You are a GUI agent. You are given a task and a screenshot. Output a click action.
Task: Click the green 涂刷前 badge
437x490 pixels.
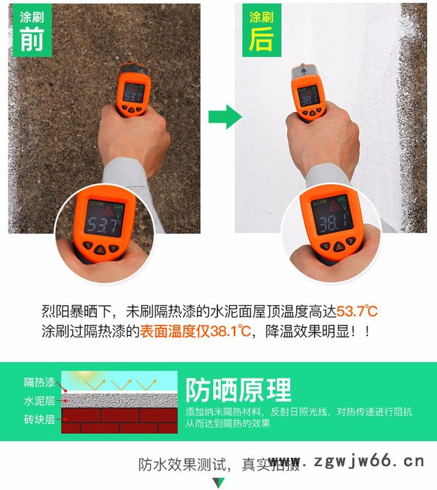32,31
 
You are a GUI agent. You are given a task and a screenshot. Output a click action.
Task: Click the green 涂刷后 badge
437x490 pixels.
261,31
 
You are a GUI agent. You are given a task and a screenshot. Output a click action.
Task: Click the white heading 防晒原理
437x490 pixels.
238,389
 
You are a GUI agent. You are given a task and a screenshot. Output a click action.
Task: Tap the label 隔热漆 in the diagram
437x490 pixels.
39,382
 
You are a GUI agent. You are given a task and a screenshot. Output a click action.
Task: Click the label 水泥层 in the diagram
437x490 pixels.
39,401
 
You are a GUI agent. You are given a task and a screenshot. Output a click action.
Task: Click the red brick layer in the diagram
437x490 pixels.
119,421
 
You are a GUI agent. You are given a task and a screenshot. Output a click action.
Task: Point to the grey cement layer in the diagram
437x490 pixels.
119,400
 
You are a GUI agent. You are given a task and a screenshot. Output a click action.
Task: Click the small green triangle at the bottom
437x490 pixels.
219,483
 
